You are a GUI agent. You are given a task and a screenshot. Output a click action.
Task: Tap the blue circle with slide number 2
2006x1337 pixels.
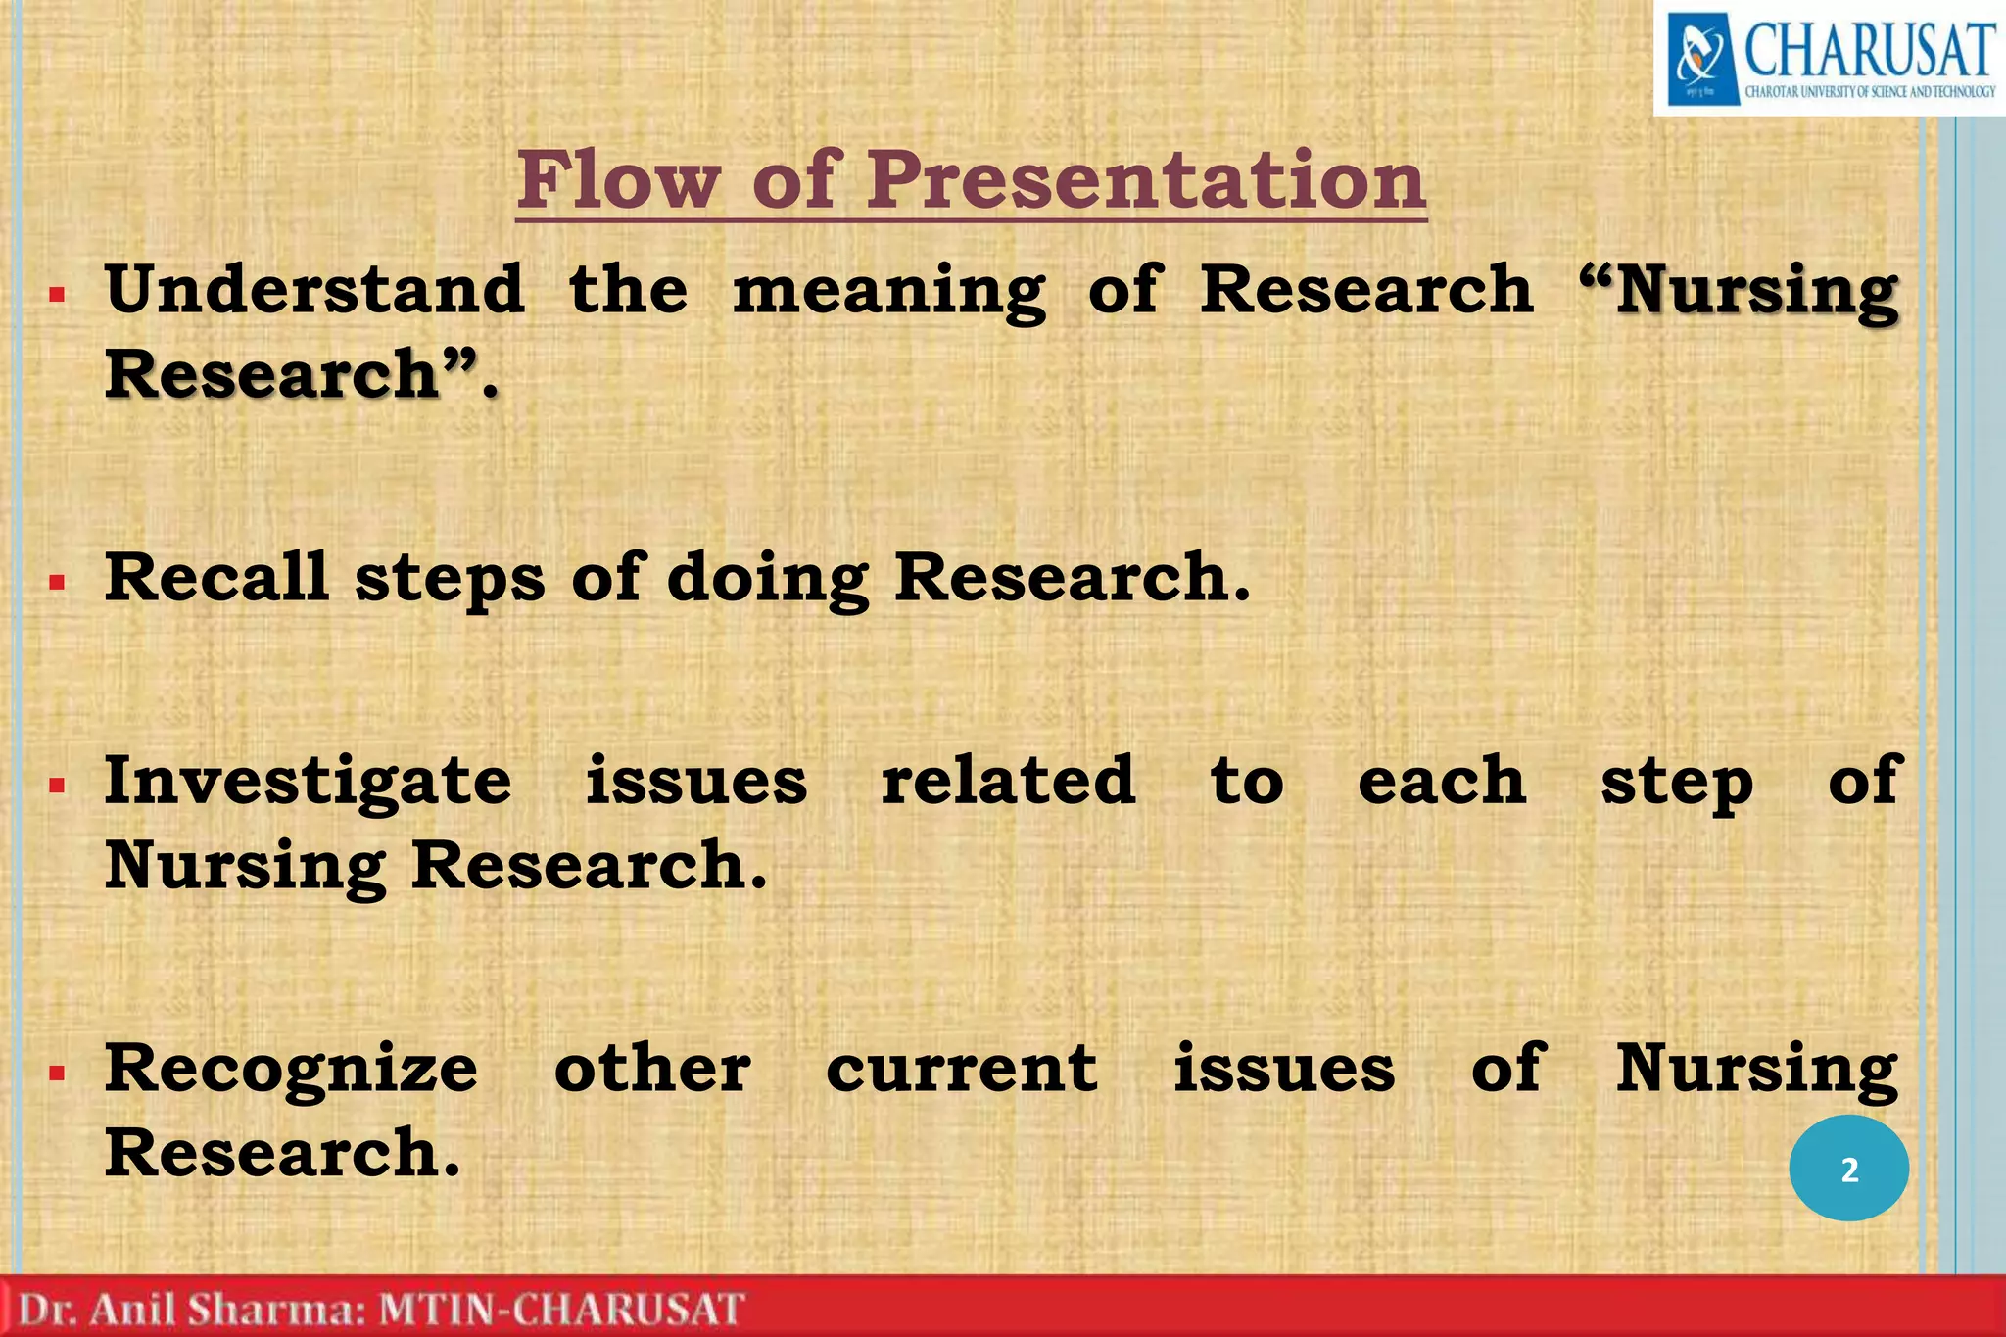[1848, 1169]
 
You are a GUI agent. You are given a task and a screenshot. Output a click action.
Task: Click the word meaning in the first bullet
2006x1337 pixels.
[889, 291]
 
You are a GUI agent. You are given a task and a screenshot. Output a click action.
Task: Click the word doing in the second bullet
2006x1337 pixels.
[767, 578]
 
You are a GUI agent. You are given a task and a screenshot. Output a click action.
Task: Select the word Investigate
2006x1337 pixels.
[308, 782]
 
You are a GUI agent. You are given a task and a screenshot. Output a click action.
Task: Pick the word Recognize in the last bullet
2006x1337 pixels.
[291, 1069]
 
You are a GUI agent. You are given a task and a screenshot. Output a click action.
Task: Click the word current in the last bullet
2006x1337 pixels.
[961, 1069]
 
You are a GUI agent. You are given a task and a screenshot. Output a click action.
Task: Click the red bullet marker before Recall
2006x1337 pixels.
[57, 583]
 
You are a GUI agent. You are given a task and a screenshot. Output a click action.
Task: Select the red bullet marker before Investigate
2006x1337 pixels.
[57, 785]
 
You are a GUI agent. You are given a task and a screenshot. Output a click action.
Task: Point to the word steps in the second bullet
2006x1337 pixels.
[449, 578]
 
